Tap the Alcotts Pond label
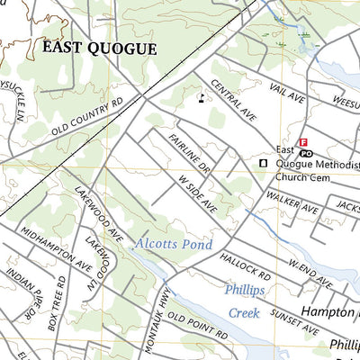(174, 245)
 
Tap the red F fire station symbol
(303, 141)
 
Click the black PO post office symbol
(306, 153)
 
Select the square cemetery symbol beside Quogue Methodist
(263, 163)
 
